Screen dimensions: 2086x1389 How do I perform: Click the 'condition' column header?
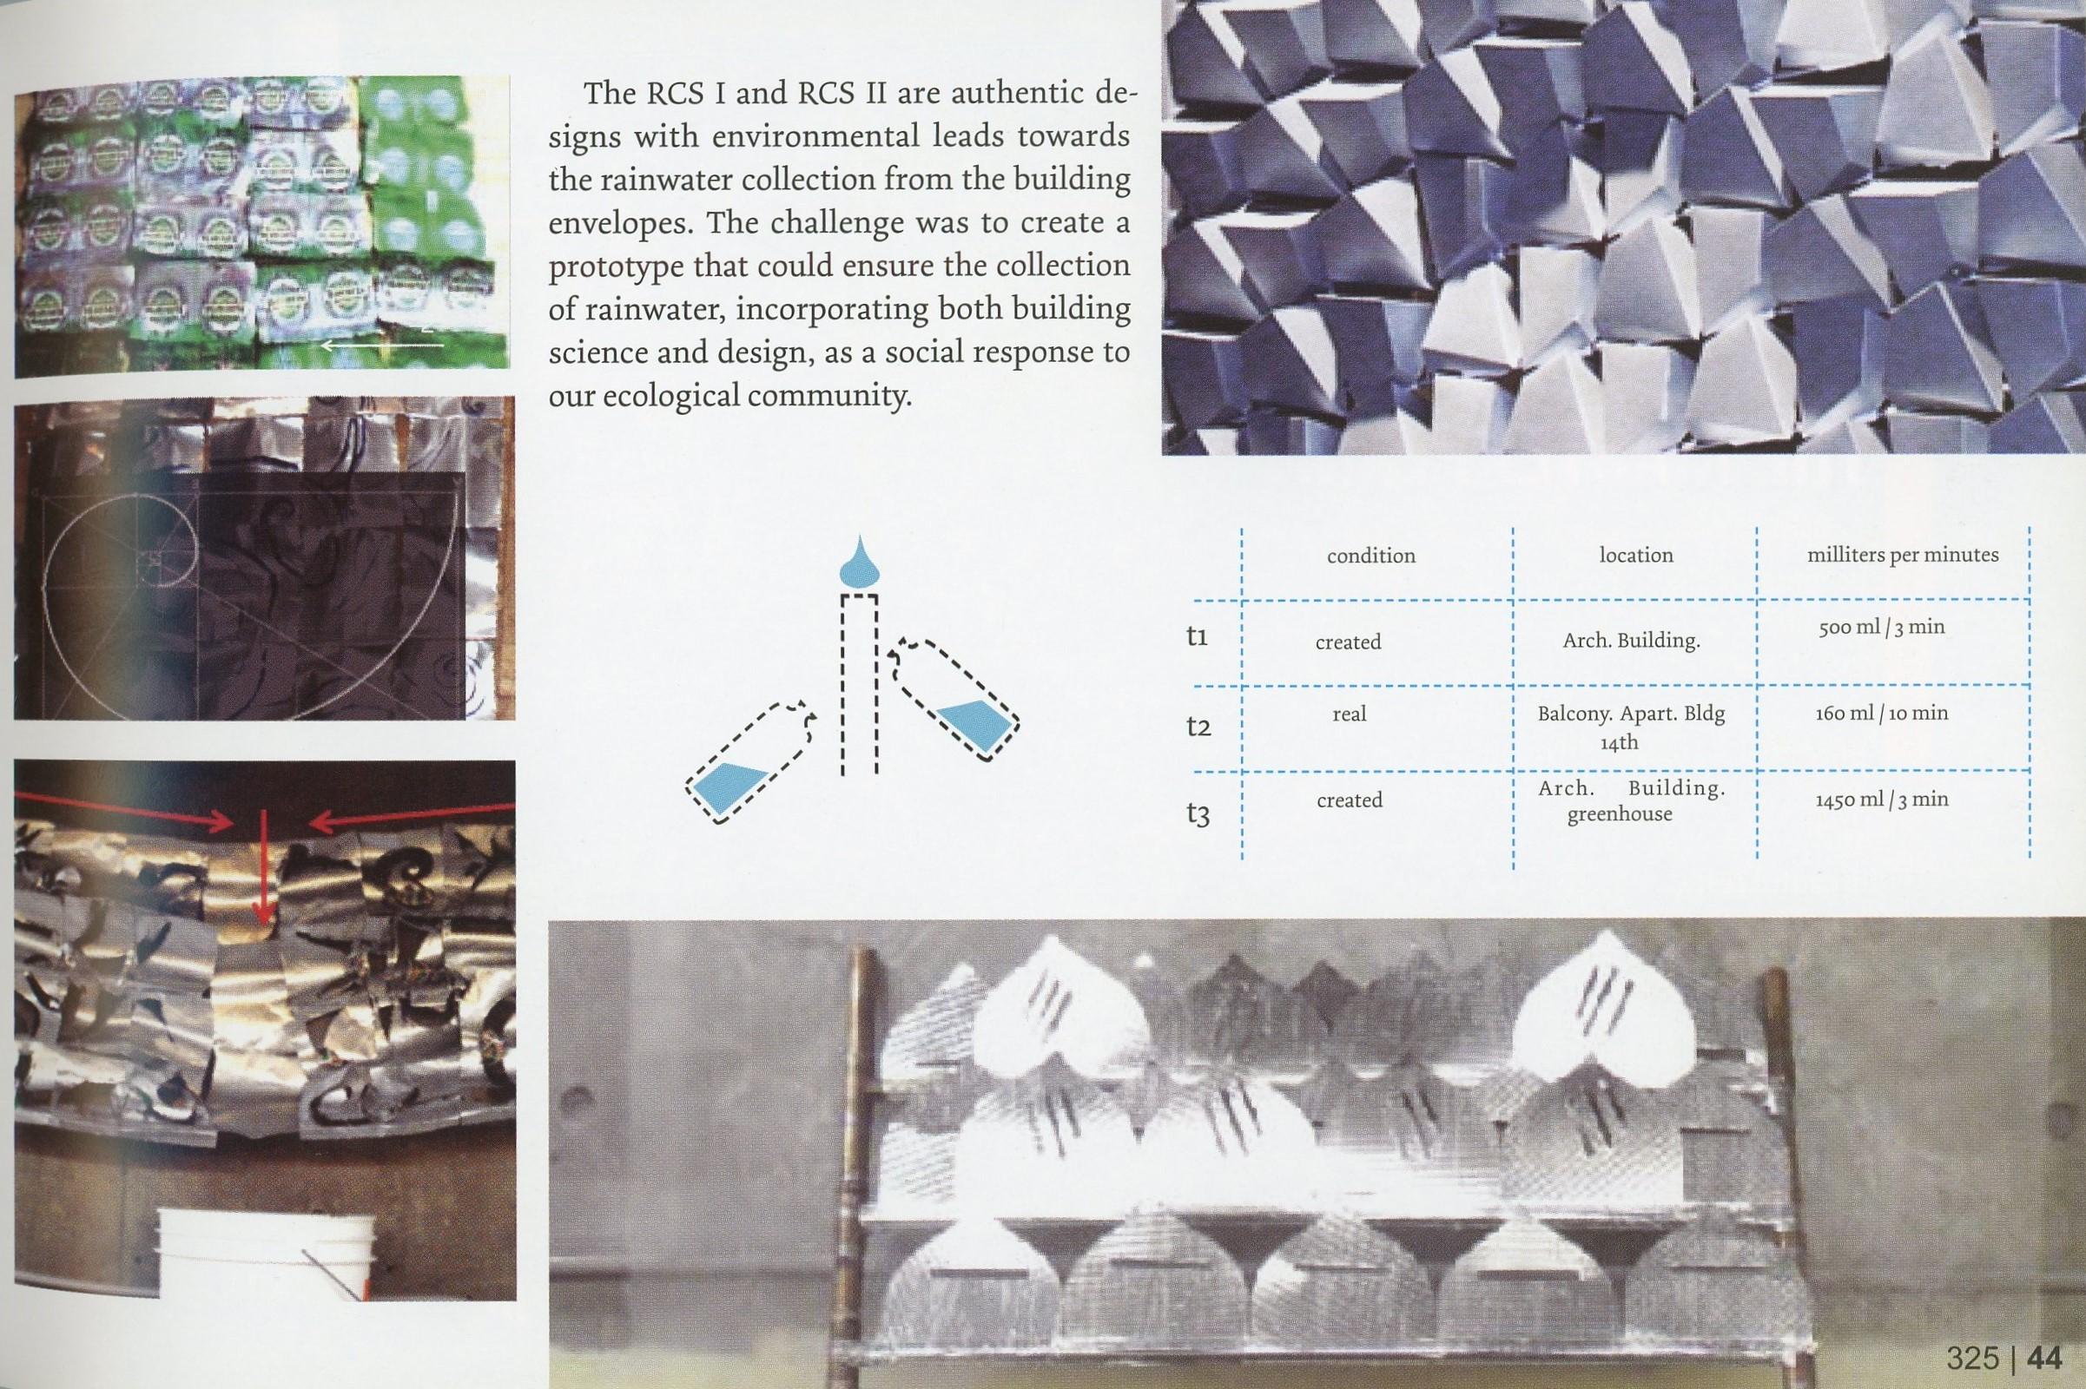point(1371,556)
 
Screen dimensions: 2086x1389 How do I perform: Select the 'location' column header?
point(1636,556)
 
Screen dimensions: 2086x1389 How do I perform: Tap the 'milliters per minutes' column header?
point(1903,556)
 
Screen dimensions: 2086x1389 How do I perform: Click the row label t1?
point(1197,637)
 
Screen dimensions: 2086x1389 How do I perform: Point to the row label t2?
point(1198,728)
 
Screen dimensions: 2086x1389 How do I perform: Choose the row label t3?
point(1198,815)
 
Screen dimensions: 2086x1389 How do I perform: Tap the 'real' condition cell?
point(1349,714)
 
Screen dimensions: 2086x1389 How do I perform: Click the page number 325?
point(1972,1357)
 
